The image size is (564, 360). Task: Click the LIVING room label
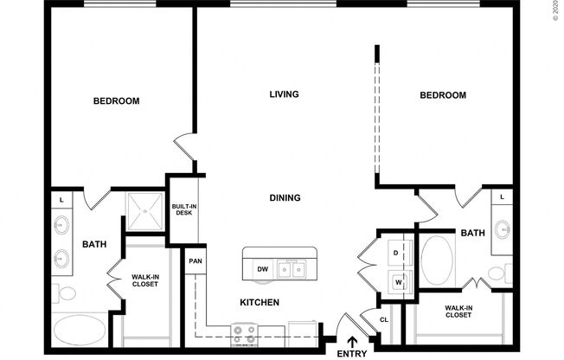[x=284, y=94]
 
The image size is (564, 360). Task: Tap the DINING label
[x=284, y=198]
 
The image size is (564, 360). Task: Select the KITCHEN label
[x=259, y=302]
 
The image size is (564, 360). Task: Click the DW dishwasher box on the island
[x=261, y=270]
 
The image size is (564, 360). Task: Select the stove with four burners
[x=243, y=334]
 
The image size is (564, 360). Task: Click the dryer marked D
[x=395, y=253]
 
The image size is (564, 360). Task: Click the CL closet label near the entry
[x=384, y=319]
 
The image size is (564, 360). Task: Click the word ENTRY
[x=352, y=354]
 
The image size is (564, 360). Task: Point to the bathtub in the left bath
[x=80, y=330]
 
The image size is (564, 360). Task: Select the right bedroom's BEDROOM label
[x=443, y=95]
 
